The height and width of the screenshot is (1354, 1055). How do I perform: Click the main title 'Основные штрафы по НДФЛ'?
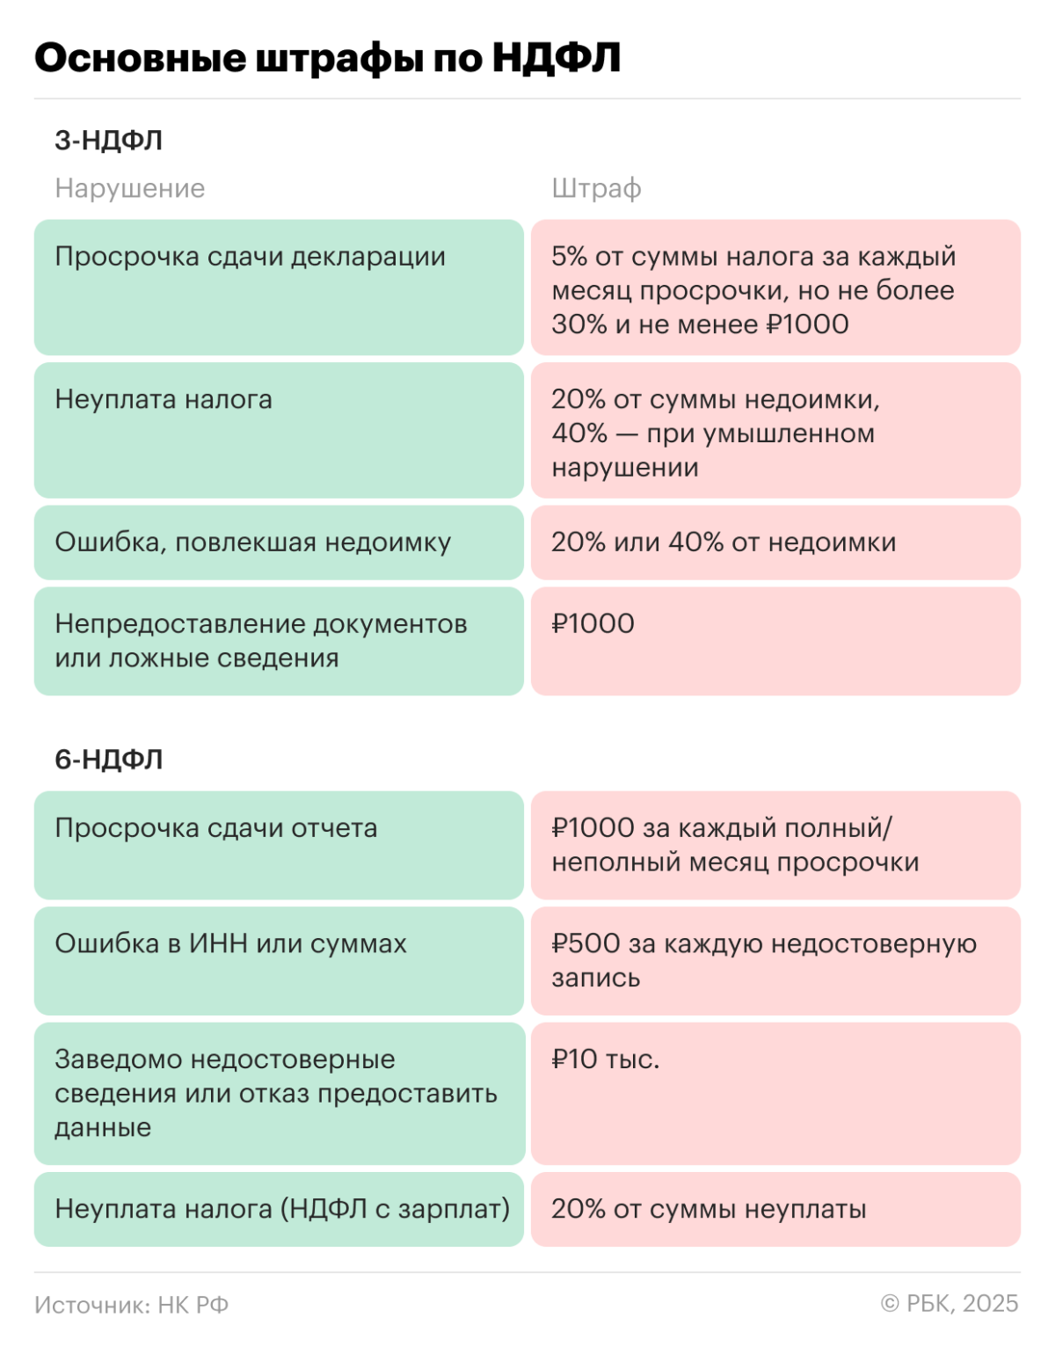pyautogui.click(x=327, y=58)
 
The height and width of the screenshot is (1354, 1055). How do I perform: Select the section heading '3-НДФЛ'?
pyautogui.click(x=108, y=141)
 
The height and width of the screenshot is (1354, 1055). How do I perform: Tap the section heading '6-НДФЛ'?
pyautogui.click(x=108, y=760)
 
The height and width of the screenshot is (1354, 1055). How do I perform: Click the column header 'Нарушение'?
pyautogui.click(x=129, y=188)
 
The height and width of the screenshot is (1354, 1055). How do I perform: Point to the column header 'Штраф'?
pyautogui.click(x=596, y=188)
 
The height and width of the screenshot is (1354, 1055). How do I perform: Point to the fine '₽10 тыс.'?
pyautogui.click(x=605, y=1059)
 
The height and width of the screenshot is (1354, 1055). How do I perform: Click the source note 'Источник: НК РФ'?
pyautogui.click(x=131, y=1305)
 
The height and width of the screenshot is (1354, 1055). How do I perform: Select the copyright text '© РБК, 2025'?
pyautogui.click(x=949, y=1304)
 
